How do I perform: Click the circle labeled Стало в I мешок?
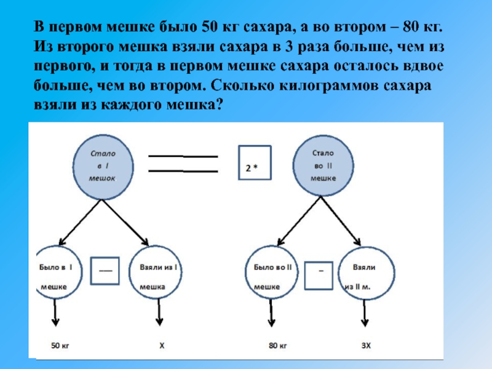(x=103, y=164)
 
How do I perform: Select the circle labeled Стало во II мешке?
(x=322, y=164)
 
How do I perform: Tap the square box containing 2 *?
(x=253, y=162)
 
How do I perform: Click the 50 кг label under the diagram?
(x=59, y=346)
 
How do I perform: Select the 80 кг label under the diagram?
(x=278, y=346)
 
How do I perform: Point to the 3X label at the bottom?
(x=367, y=346)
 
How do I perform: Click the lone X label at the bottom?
(x=162, y=346)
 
